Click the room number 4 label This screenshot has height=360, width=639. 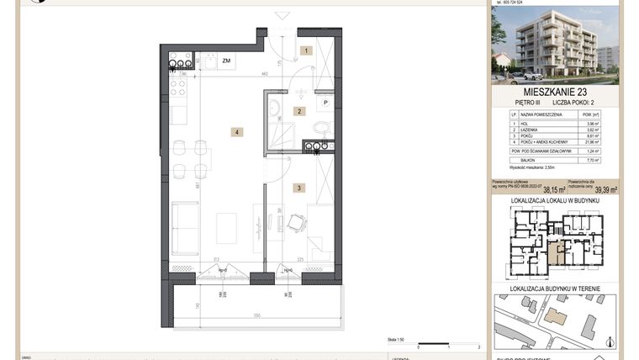[x=238, y=132]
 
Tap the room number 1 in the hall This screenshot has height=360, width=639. [x=308, y=51]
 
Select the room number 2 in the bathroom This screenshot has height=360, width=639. [x=298, y=111]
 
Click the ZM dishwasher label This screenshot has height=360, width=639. [x=226, y=61]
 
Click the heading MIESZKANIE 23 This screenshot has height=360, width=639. [x=556, y=91]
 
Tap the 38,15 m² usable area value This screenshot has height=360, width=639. [x=553, y=190]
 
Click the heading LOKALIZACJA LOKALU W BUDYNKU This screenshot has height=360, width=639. [x=556, y=202]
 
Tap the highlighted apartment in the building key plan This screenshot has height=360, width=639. [x=557, y=250]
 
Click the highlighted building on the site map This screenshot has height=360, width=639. [x=556, y=315]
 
